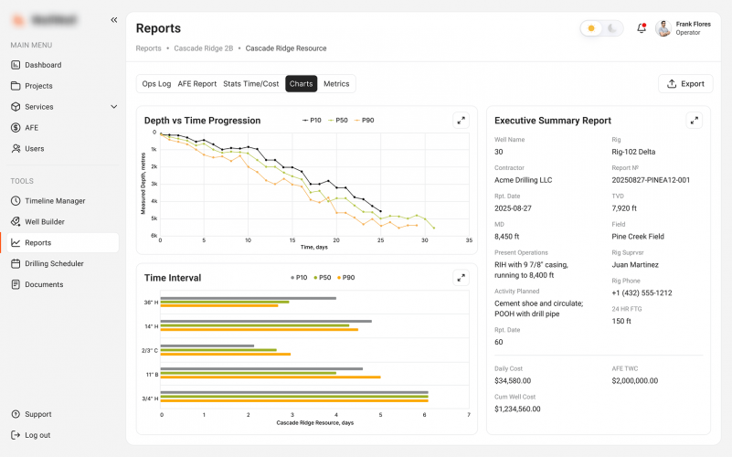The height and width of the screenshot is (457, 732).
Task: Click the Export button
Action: pos(685,83)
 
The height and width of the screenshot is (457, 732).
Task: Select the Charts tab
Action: pos(301,83)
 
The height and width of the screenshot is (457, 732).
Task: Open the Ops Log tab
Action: pos(156,83)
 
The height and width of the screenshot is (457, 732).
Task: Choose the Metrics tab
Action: pos(336,83)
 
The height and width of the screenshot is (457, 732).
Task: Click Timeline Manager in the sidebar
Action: pos(55,201)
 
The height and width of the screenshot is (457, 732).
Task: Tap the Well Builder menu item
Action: pos(45,222)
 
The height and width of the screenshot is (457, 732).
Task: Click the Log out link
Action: pos(37,435)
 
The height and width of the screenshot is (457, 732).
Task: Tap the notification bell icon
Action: pos(642,28)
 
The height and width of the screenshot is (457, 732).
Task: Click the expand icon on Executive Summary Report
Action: pos(695,120)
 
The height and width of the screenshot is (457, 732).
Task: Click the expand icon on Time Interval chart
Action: pos(461,278)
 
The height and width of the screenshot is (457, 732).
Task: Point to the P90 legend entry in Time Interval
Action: pos(345,278)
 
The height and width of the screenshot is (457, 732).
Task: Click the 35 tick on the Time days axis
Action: pos(469,241)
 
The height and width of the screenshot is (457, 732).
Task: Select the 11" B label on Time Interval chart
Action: pos(151,374)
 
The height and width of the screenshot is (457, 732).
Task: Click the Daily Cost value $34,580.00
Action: pos(513,380)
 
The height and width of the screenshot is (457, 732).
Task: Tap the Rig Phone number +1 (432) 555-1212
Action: pos(642,292)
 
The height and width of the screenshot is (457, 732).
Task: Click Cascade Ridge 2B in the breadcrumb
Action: pos(203,48)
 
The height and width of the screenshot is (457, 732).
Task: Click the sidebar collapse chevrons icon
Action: pos(114,19)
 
